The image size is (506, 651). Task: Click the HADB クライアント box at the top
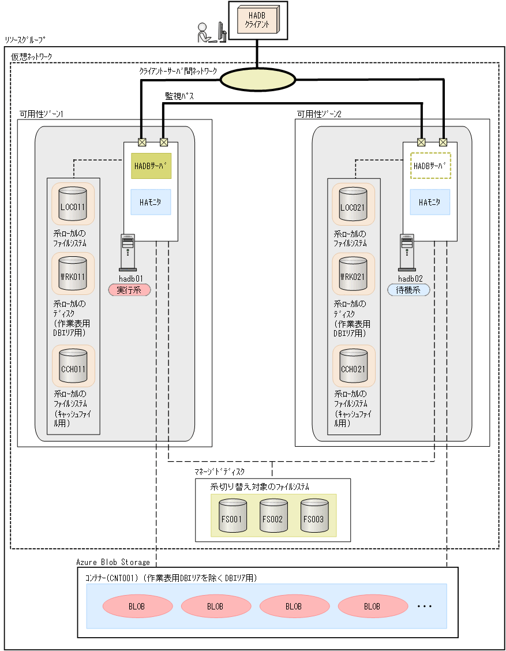click(257, 21)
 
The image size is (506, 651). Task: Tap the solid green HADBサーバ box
click(151, 166)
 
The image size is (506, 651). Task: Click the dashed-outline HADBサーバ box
click(430, 166)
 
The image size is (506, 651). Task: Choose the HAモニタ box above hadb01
click(151, 202)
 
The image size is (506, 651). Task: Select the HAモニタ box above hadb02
click(430, 202)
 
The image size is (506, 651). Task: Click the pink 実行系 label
click(129, 290)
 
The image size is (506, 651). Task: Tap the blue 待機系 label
click(408, 290)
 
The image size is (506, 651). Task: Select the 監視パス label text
click(179, 97)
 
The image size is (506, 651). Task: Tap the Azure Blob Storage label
click(113, 562)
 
